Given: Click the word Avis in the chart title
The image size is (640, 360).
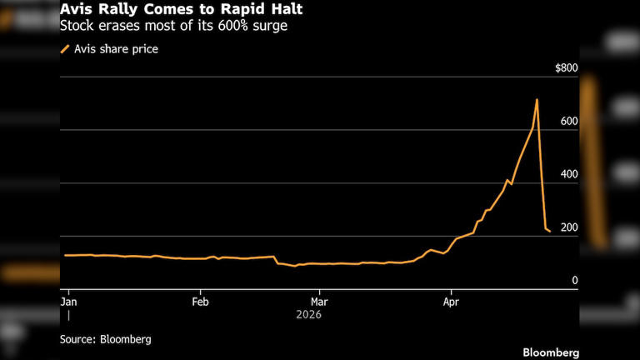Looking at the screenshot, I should click(x=73, y=9).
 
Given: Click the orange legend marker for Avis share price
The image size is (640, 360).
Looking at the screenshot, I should click(x=65, y=49).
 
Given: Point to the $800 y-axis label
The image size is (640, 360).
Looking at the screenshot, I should click(x=566, y=67).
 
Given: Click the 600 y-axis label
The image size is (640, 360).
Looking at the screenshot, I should click(x=568, y=122).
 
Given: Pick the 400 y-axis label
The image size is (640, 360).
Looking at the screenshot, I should click(x=568, y=175).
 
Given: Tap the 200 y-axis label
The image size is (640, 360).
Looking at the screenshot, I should click(x=568, y=228).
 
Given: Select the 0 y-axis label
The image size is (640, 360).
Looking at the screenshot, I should click(x=574, y=281).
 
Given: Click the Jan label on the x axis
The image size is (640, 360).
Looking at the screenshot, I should click(x=69, y=299).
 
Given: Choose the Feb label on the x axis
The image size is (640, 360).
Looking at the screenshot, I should click(x=200, y=299).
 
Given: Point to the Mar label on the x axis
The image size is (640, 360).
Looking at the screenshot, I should click(x=319, y=299).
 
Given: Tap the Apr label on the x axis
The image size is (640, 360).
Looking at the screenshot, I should click(x=451, y=299).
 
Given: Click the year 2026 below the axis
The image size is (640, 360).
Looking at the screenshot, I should click(x=308, y=314).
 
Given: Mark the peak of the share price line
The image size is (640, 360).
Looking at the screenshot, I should click(x=537, y=100).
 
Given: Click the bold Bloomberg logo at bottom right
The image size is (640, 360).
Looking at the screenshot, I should click(x=551, y=352).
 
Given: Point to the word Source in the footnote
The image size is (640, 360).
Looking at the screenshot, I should click(x=77, y=339).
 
